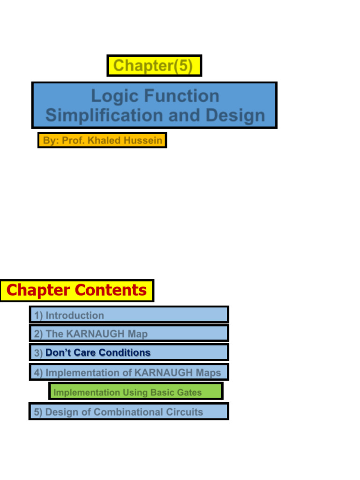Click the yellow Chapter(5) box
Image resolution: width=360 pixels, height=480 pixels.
pyautogui.click(x=154, y=66)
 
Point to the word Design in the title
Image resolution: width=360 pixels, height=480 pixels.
pyautogui.click(x=238, y=115)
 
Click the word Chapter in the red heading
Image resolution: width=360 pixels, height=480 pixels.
pyautogui.click(x=38, y=290)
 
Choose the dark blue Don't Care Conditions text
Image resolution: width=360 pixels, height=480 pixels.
pyautogui.click(x=98, y=352)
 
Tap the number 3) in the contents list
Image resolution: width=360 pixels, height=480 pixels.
pyautogui.click(x=38, y=353)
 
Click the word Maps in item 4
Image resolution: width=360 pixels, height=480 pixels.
pyautogui.click(x=208, y=373)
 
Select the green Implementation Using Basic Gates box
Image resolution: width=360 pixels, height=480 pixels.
pyautogui.click(x=135, y=392)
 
